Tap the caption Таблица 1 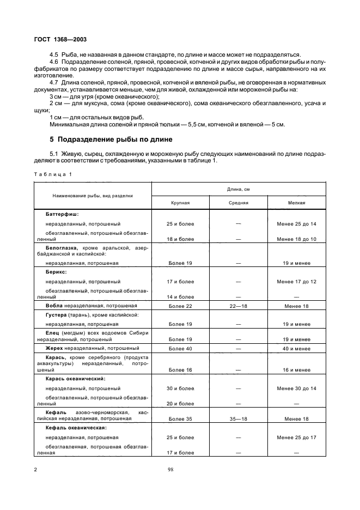coord(52,174)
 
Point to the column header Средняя coord(238,202)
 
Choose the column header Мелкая coord(296,202)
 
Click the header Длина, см coord(239,189)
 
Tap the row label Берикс coord(56,271)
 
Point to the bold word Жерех coord(54,348)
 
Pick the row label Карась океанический coord(76,379)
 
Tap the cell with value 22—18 coord(238,306)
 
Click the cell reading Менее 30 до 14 coord(296,388)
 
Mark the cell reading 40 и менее coord(296,348)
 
